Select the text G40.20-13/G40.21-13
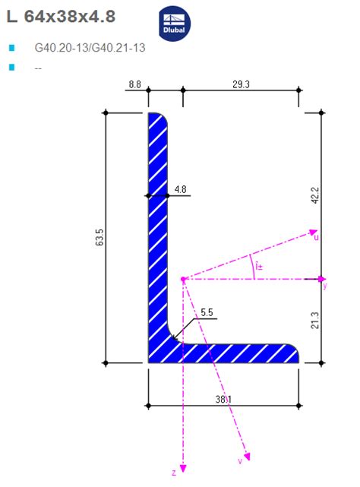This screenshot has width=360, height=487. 90,48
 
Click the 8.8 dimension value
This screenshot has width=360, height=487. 134,84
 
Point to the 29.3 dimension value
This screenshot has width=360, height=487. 242,84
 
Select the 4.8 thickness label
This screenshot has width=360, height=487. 180,188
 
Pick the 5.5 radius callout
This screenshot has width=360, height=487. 206,311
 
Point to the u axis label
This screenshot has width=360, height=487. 316,238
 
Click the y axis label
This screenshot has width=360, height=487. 324,287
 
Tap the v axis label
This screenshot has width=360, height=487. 241,461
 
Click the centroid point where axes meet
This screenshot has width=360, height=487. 183,279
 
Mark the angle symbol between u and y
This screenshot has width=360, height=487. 259,266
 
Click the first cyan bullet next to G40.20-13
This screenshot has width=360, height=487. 11,48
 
